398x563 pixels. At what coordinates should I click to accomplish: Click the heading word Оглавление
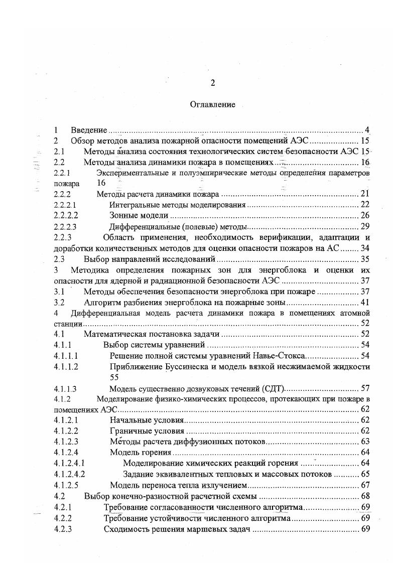pos(213,104)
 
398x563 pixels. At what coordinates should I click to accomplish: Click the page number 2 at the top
pos(212,83)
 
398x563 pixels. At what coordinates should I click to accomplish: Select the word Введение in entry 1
pos(88,130)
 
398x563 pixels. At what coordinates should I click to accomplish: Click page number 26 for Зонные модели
pos(365,215)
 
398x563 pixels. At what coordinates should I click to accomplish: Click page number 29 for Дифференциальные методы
pos(365,226)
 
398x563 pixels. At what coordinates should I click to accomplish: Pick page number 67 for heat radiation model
pos(365,485)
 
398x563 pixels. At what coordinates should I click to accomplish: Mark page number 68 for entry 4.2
pos(365,496)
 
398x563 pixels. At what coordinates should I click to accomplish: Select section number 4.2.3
pos(63,529)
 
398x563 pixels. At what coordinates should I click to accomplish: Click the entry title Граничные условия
pos(147,431)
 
